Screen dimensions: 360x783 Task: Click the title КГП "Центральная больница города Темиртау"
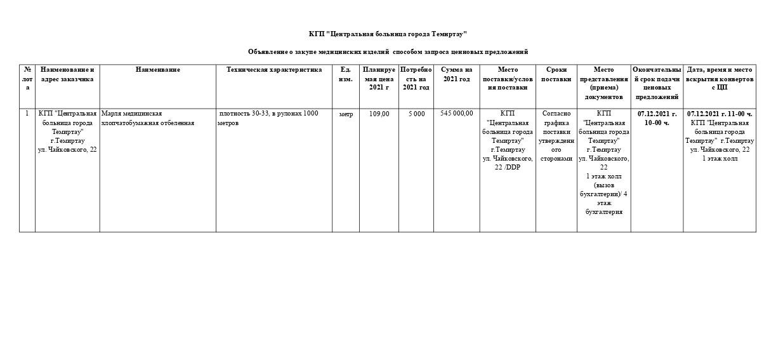[x=388, y=34]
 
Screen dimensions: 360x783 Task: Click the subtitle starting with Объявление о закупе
[x=388, y=52]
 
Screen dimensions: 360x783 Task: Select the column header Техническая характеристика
[x=274, y=70]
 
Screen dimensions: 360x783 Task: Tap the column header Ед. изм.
[x=346, y=74]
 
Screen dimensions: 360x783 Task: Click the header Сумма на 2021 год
[x=457, y=74]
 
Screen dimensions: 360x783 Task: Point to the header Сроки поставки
[x=556, y=74]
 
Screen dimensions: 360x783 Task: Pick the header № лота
[x=27, y=79]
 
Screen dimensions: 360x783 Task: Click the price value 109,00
[x=379, y=114]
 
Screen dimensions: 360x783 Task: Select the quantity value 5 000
[x=416, y=114]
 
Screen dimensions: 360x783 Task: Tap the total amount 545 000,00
[x=457, y=114]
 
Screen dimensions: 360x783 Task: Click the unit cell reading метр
[x=346, y=114]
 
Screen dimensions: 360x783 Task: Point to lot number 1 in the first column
[x=27, y=114]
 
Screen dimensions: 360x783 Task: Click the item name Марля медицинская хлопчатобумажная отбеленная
[x=148, y=118]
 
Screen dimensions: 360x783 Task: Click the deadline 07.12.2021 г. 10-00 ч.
[x=657, y=118]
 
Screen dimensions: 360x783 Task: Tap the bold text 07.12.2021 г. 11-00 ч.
[x=720, y=114]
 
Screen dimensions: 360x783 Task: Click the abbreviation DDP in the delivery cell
[x=514, y=167]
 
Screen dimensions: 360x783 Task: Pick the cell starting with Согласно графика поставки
[x=556, y=136]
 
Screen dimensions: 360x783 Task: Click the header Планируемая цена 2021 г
[x=379, y=79]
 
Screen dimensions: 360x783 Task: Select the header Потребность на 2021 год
[x=416, y=79]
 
